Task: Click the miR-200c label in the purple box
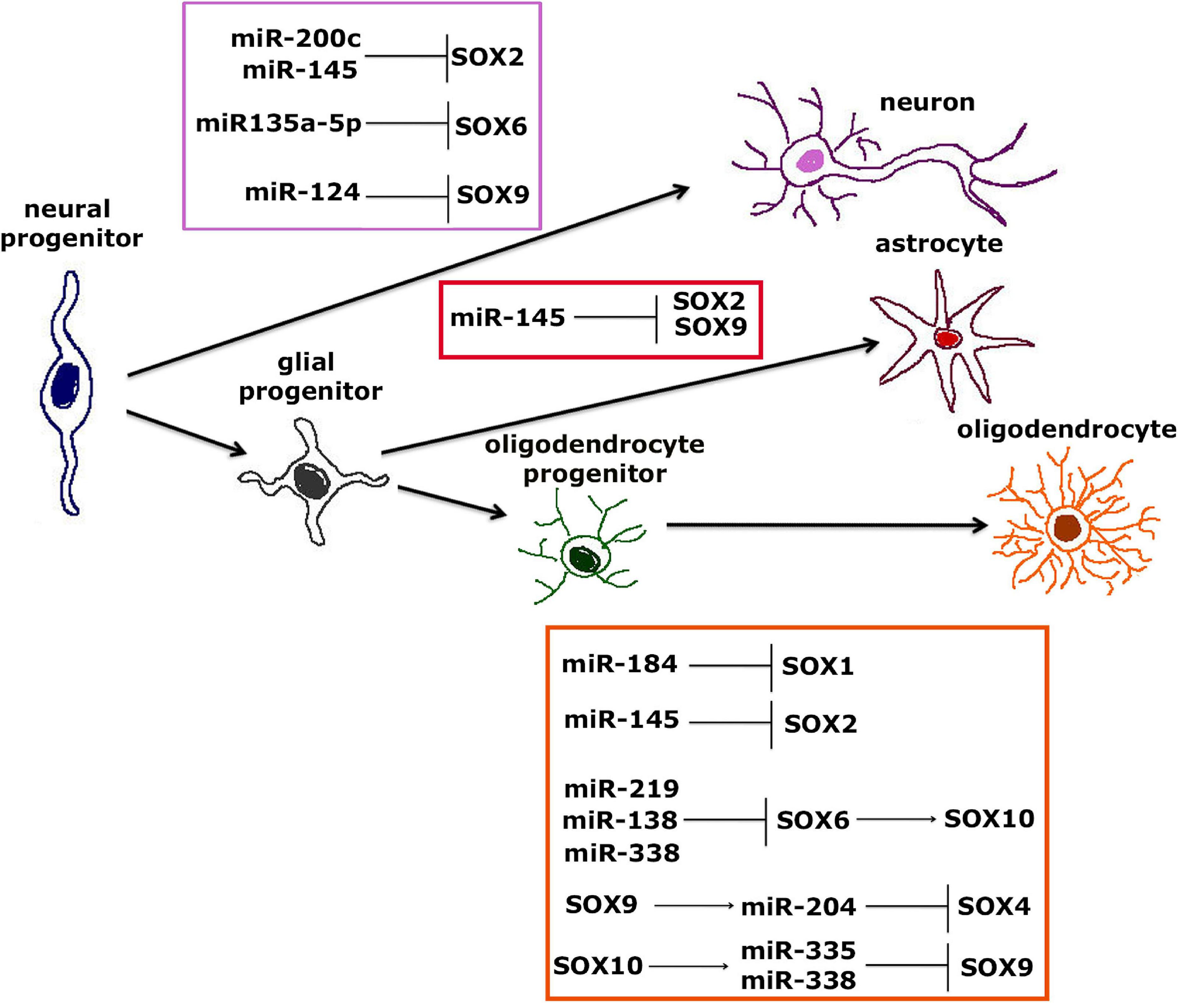click(295, 39)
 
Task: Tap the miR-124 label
click(303, 192)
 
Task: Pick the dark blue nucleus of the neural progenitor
click(65, 385)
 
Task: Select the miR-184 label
click(620, 664)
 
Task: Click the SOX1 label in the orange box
click(818, 666)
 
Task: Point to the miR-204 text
click(798, 907)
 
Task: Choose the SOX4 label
click(994, 906)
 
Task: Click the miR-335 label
click(798, 950)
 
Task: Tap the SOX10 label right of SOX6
click(989, 819)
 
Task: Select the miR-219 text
click(622, 789)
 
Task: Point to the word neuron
click(927, 102)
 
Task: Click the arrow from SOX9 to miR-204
click(694, 906)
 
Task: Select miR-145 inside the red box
click(507, 318)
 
